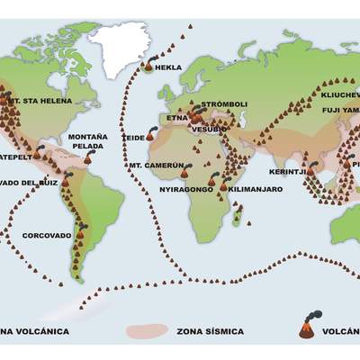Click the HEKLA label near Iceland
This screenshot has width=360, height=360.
(x=168, y=67)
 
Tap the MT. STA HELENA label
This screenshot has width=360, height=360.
(x=35, y=102)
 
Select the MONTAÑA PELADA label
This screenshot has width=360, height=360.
(x=88, y=141)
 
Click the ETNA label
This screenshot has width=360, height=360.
(x=176, y=117)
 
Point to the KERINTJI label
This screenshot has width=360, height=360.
(x=288, y=171)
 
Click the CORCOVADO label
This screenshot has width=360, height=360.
(x=47, y=235)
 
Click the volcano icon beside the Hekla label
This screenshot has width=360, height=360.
(x=148, y=64)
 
